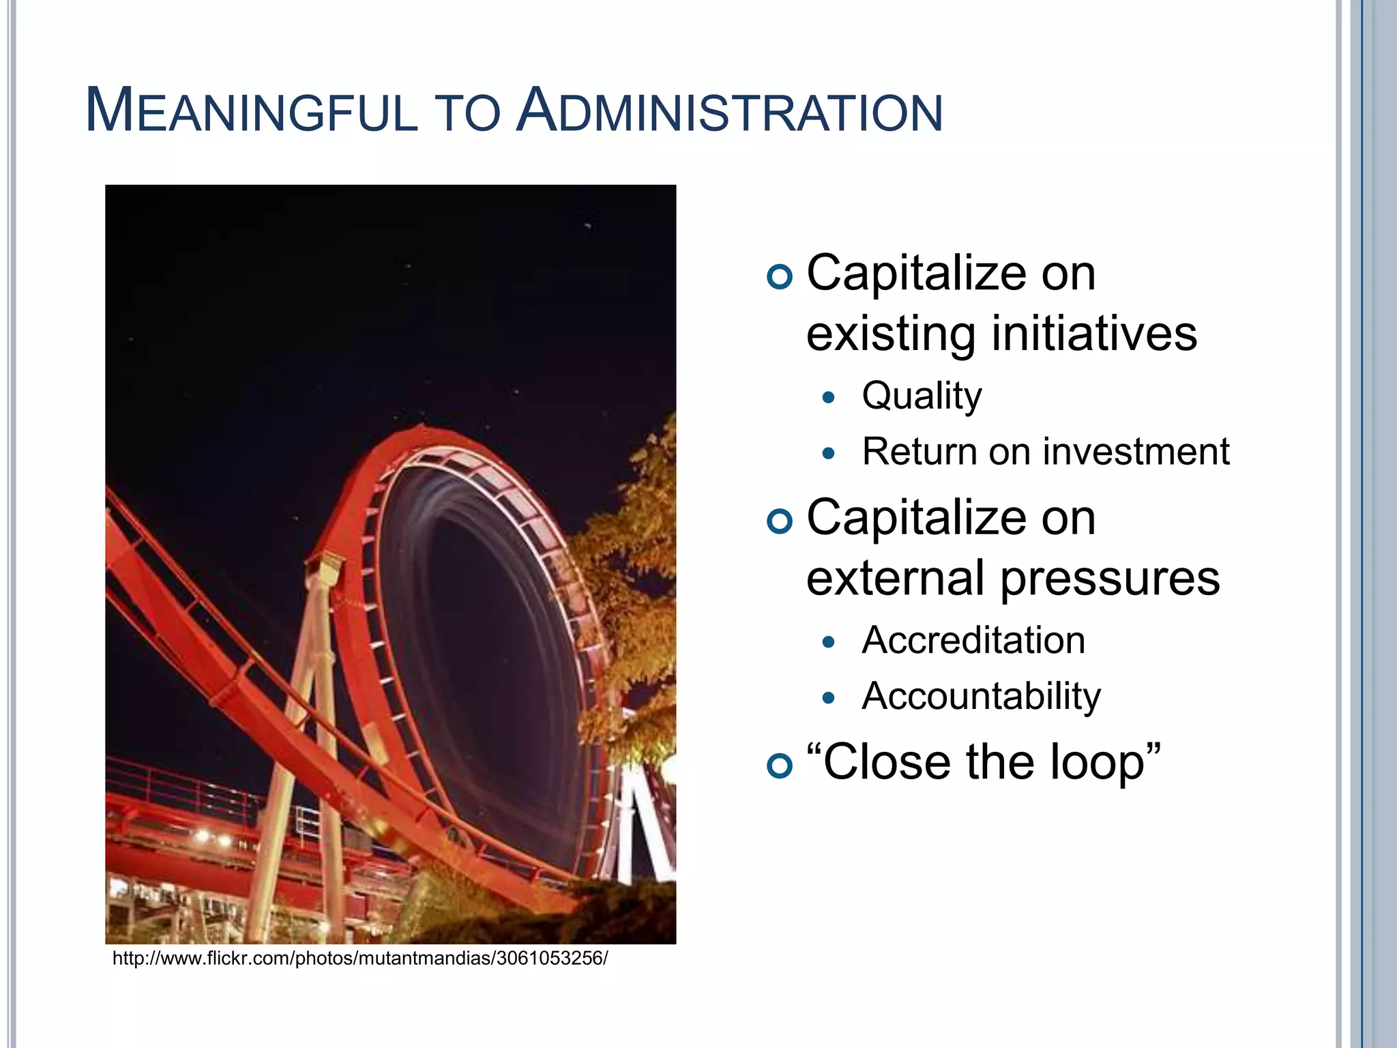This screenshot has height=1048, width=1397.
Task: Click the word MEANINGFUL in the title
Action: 251,112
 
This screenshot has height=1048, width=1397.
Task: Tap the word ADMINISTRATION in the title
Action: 730,112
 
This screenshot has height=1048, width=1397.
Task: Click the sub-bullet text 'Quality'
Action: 922,396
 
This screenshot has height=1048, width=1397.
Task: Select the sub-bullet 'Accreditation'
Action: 973,641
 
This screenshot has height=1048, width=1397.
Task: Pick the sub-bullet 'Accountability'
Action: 981,697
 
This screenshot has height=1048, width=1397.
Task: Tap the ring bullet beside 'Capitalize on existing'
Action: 780,277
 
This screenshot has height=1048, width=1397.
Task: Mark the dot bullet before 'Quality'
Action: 829,397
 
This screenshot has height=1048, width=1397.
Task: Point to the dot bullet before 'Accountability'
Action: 829,697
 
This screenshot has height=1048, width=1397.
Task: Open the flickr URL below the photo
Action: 359,959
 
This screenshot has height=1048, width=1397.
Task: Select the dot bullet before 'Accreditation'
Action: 829,641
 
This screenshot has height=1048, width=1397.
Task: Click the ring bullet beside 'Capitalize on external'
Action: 780,522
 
